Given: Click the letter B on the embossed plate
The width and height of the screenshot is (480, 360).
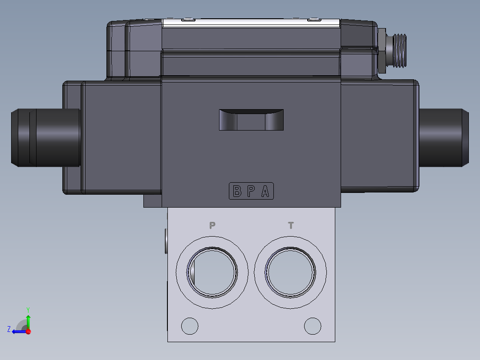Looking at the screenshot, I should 237,192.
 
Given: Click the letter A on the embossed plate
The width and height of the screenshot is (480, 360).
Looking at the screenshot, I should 265,192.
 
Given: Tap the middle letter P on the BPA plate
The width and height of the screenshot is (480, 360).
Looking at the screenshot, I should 251,192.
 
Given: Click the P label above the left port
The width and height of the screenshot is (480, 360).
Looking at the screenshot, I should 212,225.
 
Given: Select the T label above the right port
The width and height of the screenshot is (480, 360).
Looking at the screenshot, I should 291,225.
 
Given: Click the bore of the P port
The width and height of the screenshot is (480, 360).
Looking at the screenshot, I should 212,272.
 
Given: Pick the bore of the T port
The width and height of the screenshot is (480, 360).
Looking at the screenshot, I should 291,272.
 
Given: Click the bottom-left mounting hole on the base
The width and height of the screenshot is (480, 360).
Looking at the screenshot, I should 190,326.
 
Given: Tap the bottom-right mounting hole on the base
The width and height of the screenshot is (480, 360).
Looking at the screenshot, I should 313,326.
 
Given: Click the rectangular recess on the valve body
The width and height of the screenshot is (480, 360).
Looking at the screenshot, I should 251,120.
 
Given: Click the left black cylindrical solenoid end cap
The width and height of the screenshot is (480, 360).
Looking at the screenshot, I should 45,137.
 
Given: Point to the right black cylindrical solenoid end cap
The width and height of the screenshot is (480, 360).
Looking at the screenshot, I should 443,137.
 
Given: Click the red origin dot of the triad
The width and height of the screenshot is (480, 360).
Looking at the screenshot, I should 28,331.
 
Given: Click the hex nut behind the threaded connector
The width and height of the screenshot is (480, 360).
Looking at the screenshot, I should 382,50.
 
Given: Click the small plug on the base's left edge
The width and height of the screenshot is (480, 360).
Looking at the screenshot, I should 166,241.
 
